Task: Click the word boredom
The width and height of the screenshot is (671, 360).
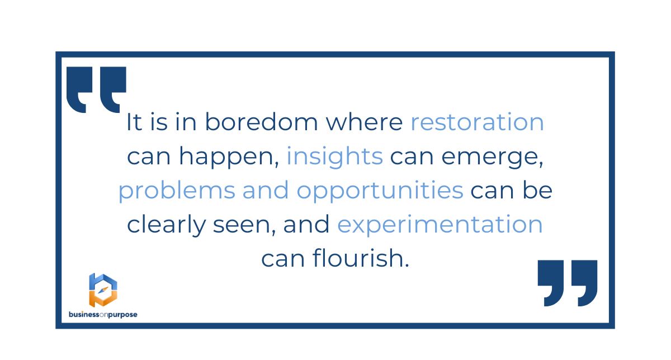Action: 261,122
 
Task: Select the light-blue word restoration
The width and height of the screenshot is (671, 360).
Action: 477,122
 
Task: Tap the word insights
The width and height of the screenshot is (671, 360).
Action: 335,157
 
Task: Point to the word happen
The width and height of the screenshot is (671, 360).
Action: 229,157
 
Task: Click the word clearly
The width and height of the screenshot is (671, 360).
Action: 167,225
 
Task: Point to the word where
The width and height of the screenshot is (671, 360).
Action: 364,122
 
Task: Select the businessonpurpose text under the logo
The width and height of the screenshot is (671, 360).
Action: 103,315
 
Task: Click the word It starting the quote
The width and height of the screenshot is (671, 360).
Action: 134,122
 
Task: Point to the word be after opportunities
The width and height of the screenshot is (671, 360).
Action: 537,190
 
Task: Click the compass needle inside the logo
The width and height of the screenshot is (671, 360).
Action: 103,290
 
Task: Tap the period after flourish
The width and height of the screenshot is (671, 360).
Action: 407,265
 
